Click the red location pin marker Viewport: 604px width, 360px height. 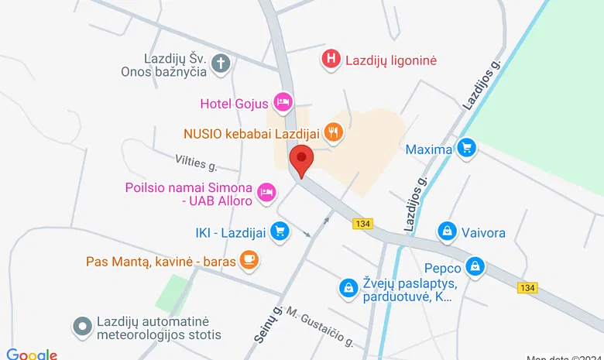click(301, 160)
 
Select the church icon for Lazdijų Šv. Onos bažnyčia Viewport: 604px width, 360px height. click(221, 63)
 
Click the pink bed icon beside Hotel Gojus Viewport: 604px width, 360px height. click(283, 101)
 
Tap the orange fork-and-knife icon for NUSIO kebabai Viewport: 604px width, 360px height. click(333, 132)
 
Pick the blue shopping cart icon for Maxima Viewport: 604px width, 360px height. click(465, 147)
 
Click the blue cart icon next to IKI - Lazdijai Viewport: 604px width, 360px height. click(280, 230)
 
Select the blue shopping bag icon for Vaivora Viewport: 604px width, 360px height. click(447, 231)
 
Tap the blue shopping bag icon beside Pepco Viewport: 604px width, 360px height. click(475, 267)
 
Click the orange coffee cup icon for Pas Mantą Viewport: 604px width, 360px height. click(248, 259)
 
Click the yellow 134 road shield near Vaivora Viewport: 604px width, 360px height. click(362, 224)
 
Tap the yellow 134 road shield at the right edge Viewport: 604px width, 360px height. click(527, 288)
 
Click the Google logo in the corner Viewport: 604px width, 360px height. click(32, 354)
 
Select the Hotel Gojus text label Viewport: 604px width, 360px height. click(234, 102)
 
